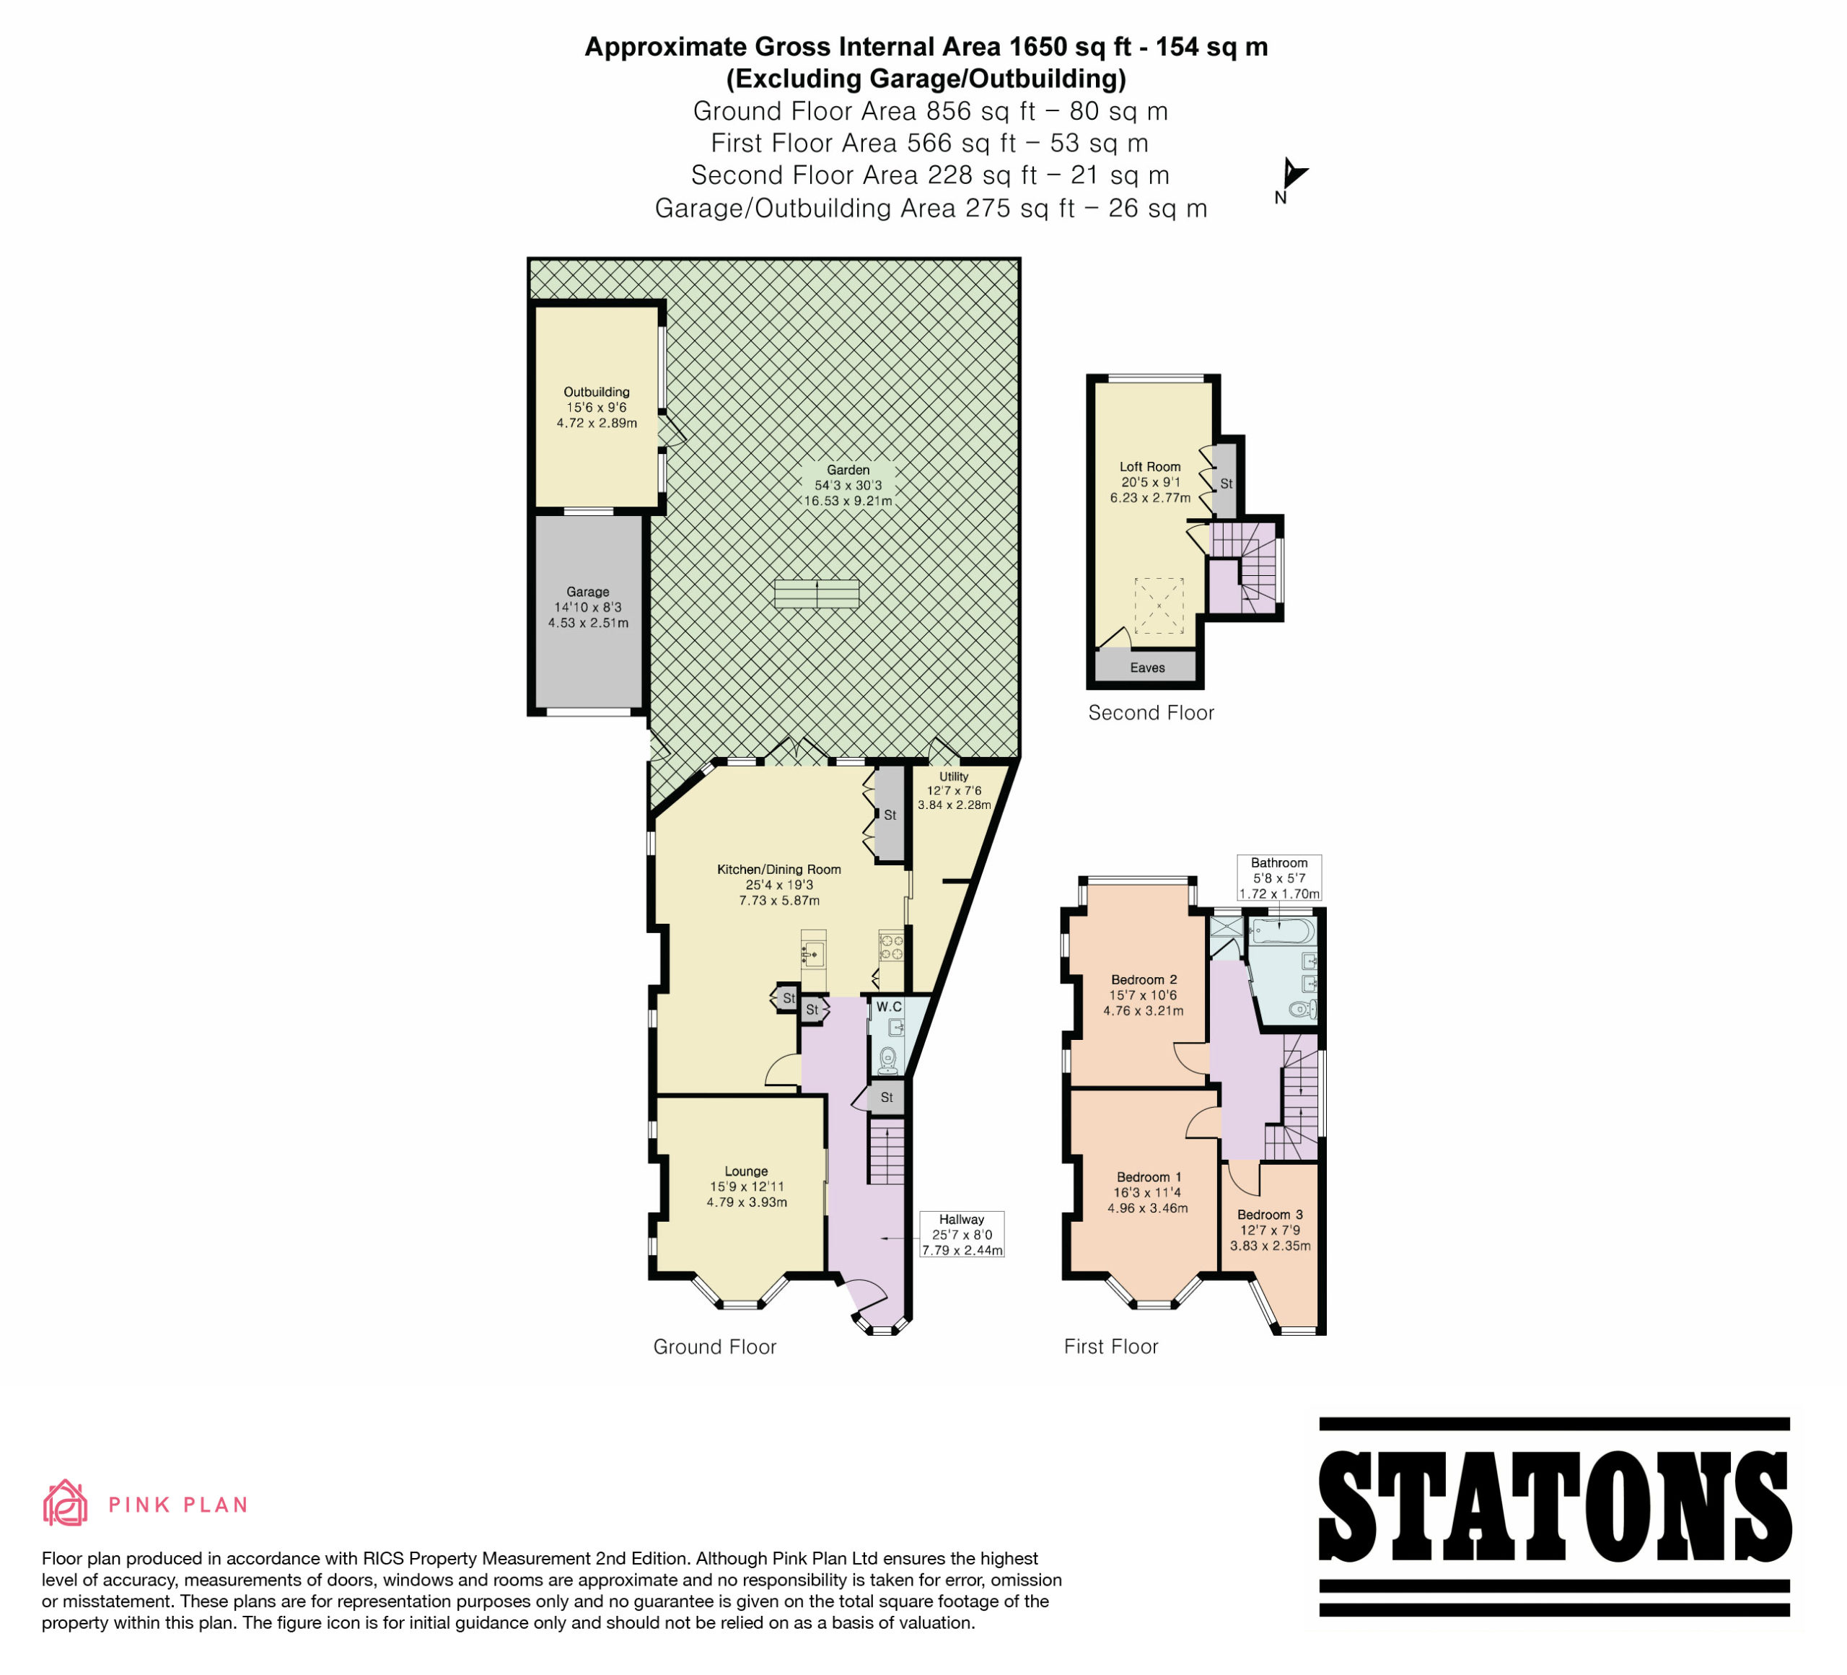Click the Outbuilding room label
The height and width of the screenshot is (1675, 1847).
click(x=597, y=392)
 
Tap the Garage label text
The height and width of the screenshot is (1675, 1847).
click(x=587, y=592)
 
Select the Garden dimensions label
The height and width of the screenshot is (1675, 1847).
click(x=848, y=486)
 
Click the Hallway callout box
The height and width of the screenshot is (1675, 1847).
click(x=962, y=1234)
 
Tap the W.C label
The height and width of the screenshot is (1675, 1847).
click(x=889, y=1007)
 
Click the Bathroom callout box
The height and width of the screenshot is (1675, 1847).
click(x=1279, y=878)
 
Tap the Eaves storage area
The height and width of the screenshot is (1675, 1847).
click(x=1147, y=666)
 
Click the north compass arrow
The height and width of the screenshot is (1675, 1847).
click(x=1294, y=172)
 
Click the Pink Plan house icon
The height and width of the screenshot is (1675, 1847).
click(x=65, y=1504)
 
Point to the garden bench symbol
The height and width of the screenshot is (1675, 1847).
click(x=816, y=594)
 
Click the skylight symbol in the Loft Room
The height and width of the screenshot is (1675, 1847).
click(x=1159, y=605)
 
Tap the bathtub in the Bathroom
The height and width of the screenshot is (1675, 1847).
click(x=1282, y=932)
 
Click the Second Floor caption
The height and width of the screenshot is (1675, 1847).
click(x=1151, y=713)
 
